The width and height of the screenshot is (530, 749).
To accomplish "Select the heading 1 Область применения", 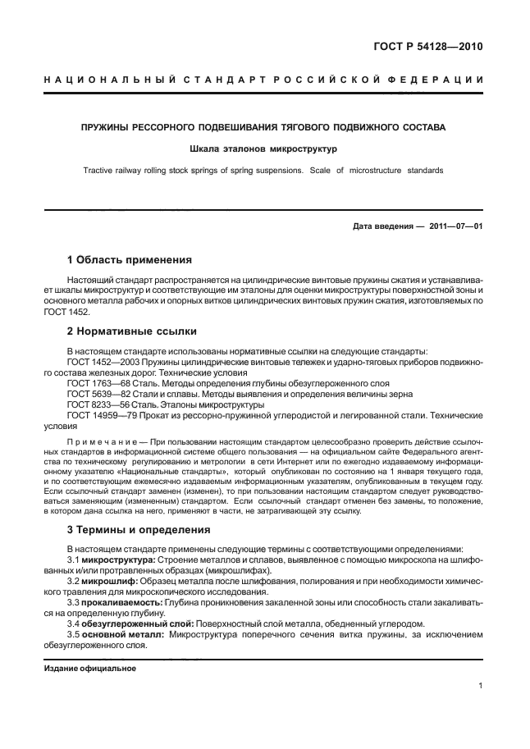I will tap(129, 260).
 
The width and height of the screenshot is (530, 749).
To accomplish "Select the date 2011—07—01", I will tap(454, 226).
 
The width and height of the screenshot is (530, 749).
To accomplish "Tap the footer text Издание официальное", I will tap(89, 669).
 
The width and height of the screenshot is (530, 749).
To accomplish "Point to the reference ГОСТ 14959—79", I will tap(98, 415).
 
